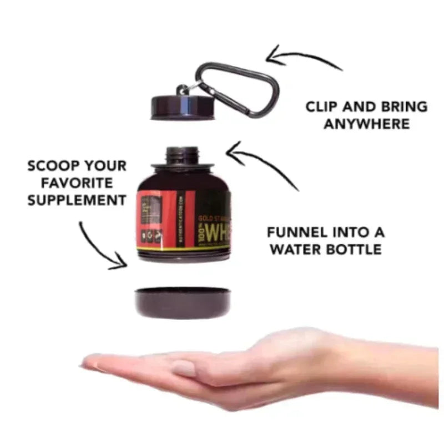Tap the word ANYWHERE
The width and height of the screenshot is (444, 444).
(x=367, y=124)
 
